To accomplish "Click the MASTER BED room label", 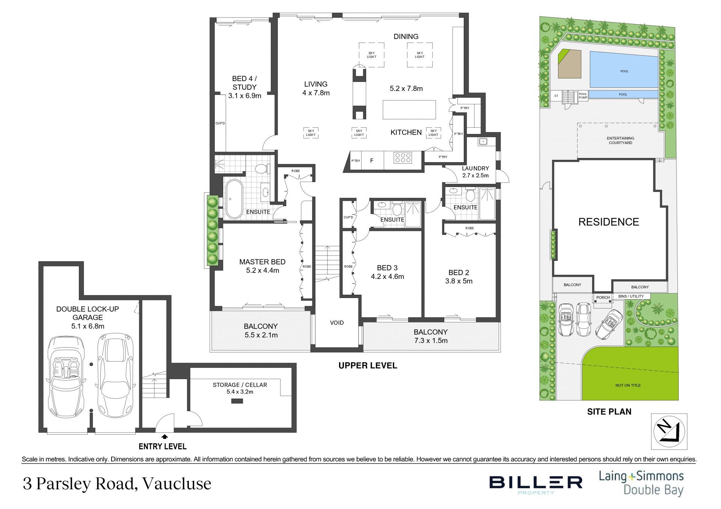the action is (262, 262).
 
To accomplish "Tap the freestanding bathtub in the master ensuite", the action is (234, 199).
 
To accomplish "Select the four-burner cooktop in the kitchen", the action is (403, 158).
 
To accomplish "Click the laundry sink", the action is (483, 142).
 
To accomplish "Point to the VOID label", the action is (337, 322).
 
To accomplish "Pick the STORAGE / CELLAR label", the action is (240, 385).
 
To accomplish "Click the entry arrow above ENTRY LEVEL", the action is (164, 437).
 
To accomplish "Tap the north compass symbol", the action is (669, 431).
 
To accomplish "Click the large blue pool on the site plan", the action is (624, 70).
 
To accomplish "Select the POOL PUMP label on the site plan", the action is (583, 96).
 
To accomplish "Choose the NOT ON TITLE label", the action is (628, 385).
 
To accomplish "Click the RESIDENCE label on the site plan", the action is (608, 222).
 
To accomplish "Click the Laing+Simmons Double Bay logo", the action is (641, 483).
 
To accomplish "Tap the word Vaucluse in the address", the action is (177, 483).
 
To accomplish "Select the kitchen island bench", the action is (409, 110).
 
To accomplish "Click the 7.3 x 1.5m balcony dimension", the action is (430, 341).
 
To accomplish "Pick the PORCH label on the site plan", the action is (603, 297).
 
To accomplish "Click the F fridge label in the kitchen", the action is (372, 161).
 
